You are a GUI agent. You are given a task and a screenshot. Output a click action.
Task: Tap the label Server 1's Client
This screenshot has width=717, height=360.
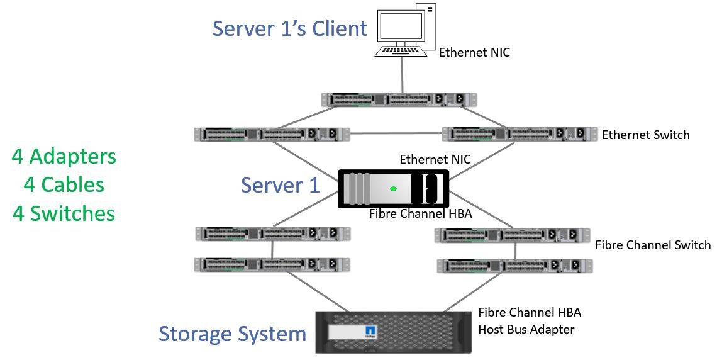point(289,29)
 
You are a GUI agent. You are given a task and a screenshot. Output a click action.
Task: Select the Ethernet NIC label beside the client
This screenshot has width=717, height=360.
point(474,53)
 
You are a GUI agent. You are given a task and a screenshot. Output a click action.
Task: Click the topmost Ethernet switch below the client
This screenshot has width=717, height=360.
point(399,99)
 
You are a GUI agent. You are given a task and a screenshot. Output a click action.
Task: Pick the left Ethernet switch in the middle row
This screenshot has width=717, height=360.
point(272,134)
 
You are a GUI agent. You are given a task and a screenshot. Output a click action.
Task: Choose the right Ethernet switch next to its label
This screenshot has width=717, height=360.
point(519,134)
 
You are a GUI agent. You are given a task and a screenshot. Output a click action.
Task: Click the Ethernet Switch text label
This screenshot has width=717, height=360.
point(645,135)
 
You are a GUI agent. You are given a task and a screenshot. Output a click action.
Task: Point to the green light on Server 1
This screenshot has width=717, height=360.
point(394,188)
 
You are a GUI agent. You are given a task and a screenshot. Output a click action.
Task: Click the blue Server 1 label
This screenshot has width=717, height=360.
point(280,185)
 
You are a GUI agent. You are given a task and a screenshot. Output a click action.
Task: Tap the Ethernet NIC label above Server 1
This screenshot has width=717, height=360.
point(435,160)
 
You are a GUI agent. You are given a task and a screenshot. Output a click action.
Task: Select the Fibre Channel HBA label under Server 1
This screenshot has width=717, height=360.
point(420,214)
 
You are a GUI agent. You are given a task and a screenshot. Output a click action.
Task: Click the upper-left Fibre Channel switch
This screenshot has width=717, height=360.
point(272,233)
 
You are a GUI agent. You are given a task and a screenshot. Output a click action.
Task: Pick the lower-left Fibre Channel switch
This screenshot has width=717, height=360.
point(272,264)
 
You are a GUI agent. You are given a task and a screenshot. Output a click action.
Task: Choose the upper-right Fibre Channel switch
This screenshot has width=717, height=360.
point(512,235)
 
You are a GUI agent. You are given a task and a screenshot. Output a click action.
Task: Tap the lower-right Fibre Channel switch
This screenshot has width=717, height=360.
point(514,266)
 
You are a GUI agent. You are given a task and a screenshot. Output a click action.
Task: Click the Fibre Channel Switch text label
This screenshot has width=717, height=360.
point(652,245)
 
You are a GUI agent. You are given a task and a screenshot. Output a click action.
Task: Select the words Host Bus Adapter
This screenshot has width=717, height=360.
point(526,329)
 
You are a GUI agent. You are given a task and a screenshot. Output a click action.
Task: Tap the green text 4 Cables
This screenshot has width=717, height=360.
point(64,184)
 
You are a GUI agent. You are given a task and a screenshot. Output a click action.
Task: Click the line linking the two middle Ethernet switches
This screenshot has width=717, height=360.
point(396,133)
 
